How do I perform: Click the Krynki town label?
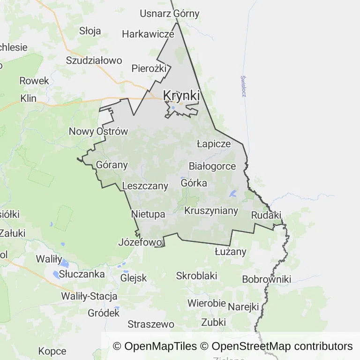(181, 96)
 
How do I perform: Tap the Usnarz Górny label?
(169, 14)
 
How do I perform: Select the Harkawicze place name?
(148, 34)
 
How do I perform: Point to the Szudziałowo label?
(94, 60)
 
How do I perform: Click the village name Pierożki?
(149, 68)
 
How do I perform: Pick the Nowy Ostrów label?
(98, 131)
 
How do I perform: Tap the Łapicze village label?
(214, 144)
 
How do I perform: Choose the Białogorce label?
(212, 166)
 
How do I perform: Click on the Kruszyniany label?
(211, 211)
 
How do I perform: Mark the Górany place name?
(112, 165)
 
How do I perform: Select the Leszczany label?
(145, 186)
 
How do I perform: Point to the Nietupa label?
(148, 214)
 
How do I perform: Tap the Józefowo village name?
(141, 242)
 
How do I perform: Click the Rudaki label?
(266, 216)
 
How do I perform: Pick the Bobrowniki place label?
(266, 279)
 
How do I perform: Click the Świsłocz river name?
(243, 86)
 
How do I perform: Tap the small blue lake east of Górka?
(233, 194)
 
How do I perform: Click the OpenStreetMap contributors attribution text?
(282, 346)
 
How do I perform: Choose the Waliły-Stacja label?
(89, 296)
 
